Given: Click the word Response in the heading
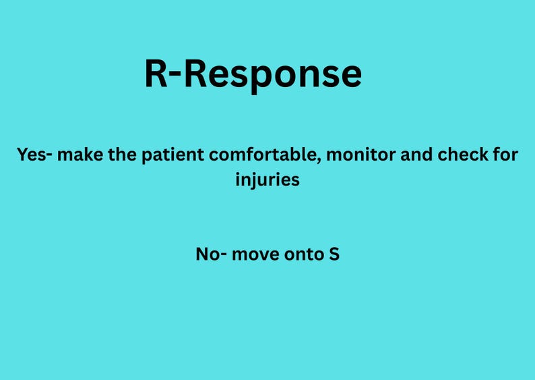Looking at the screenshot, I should pos(272,74).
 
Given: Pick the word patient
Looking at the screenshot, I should pos(170,155).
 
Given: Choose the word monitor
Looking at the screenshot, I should pos(363,155).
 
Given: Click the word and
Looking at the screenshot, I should pos(418,155).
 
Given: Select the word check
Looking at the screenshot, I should pos(464,155).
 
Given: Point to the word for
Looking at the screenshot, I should pos(506,155).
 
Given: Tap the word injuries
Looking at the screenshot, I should pos(267,181).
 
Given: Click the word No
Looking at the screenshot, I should pos(206,254).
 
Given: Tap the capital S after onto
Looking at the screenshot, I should pos(334,254).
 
